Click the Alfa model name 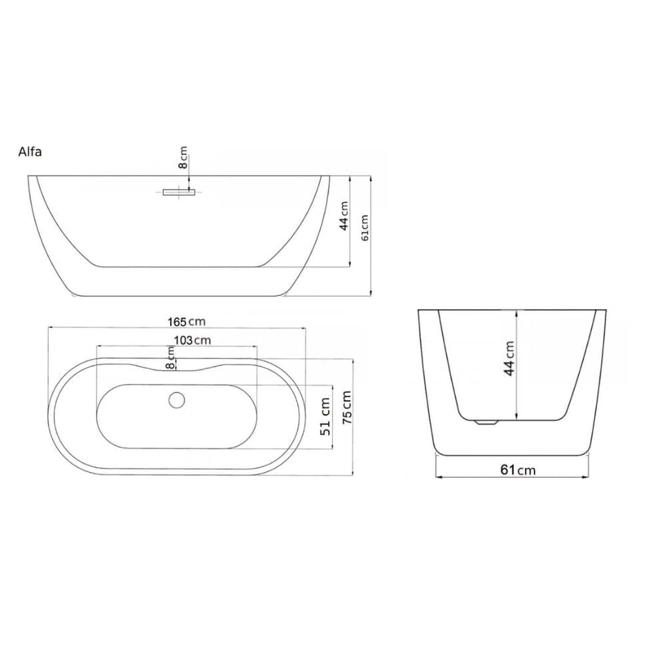pos(30,152)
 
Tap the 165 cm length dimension pos(186,322)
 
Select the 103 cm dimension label pos(193,340)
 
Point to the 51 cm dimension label pos(325,417)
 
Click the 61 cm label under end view pos(518,470)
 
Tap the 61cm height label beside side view pos(365,227)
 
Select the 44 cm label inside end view pos(509,358)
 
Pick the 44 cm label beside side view pos(344,216)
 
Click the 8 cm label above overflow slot pos(183,157)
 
